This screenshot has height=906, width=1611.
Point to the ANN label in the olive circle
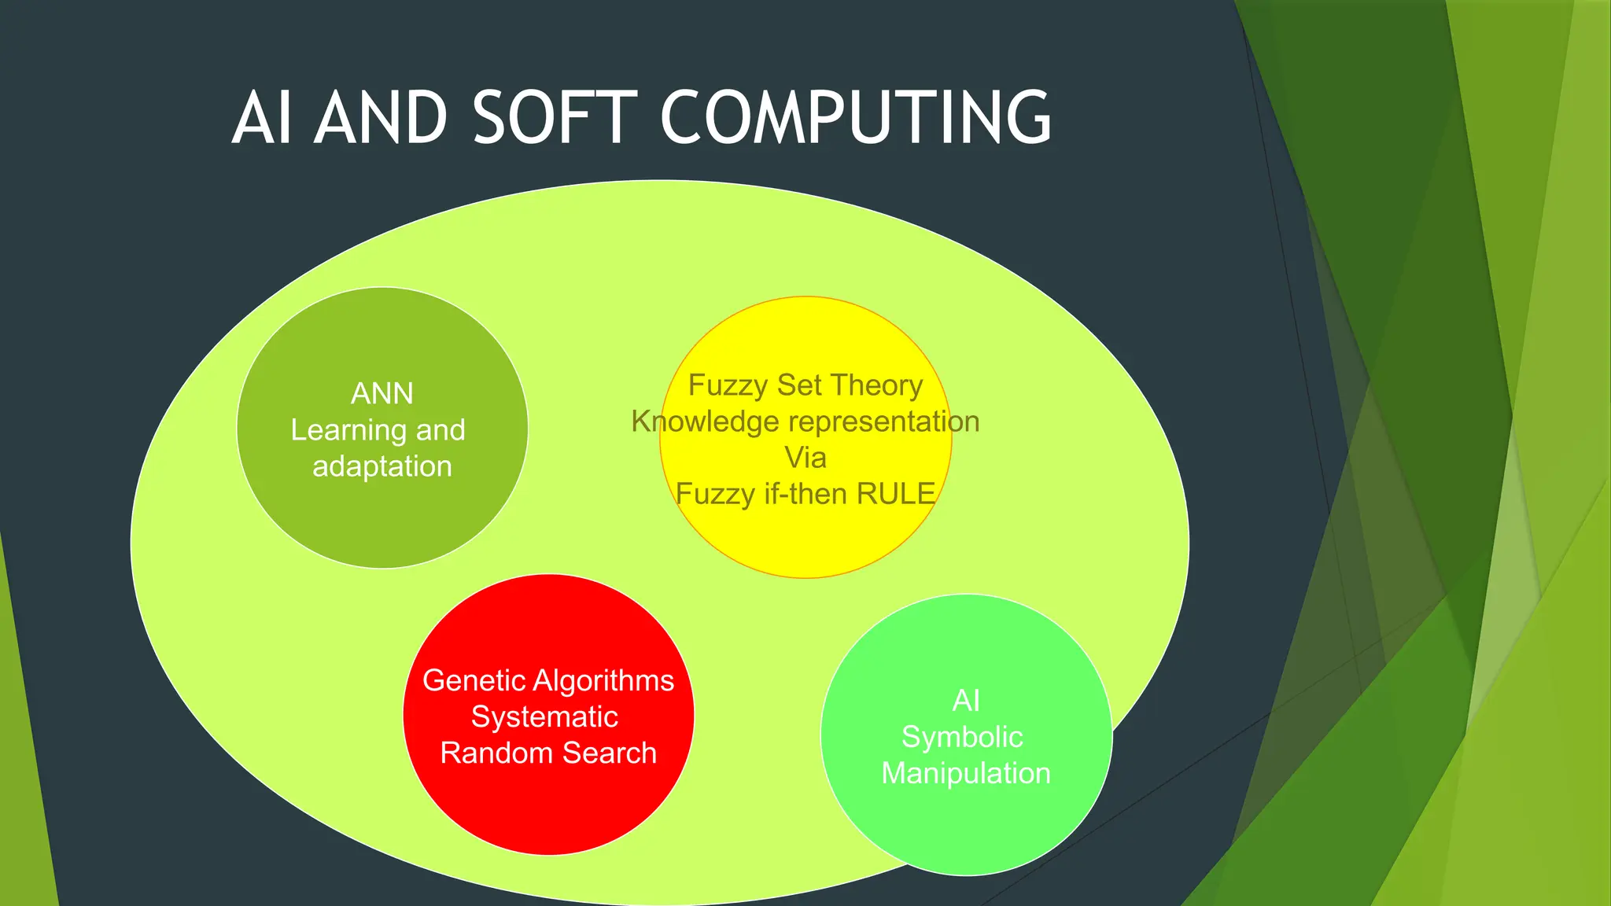(382, 393)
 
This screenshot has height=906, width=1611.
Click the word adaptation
(382, 466)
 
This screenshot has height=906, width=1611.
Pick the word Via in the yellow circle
(805, 458)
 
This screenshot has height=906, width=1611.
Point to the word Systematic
(544, 716)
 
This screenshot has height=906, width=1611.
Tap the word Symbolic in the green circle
(962, 737)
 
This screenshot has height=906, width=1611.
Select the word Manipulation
(966, 773)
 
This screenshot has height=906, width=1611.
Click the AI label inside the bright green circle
(966, 701)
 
